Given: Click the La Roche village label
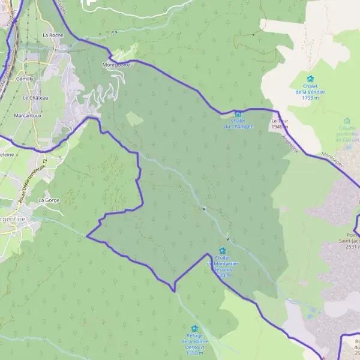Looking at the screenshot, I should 53,35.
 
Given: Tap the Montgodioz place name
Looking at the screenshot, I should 116,64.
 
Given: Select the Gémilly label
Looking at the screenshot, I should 26,79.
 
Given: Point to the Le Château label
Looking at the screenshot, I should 35,97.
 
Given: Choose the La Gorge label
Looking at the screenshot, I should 48,200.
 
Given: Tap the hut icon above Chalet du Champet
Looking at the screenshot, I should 238,114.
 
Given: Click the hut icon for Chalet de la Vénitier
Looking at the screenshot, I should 310,79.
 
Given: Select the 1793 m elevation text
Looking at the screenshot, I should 310,97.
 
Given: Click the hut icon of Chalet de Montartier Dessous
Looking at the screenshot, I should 223,251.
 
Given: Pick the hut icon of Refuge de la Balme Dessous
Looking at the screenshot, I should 194,328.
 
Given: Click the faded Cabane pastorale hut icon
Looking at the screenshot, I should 346,121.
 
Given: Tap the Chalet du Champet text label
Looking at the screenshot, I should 238,124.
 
